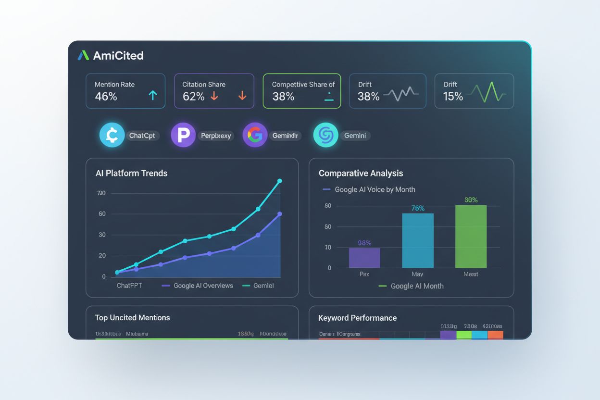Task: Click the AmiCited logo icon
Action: coord(83,56)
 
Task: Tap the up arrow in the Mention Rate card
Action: coord(153,96)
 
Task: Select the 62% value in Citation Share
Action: coord(193,96)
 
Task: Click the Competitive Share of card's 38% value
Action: coord(283,96)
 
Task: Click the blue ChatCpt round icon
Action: coord(112,135)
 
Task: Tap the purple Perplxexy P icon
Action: coord(183,135)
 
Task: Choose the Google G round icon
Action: coord(255,135)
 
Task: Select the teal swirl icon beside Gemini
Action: coord(325,135)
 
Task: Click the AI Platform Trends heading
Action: coord(131,173)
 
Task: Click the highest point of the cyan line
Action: coord(280,181)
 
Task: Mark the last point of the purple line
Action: coord(280,214)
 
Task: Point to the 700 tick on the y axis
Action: coord(101,193)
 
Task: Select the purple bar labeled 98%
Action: coord(364,258)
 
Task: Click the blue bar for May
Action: coord(418,240)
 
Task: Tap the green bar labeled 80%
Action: coord(471,237)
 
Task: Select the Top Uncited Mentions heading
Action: coord(132,318)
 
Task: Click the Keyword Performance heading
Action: coord(357,318)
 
